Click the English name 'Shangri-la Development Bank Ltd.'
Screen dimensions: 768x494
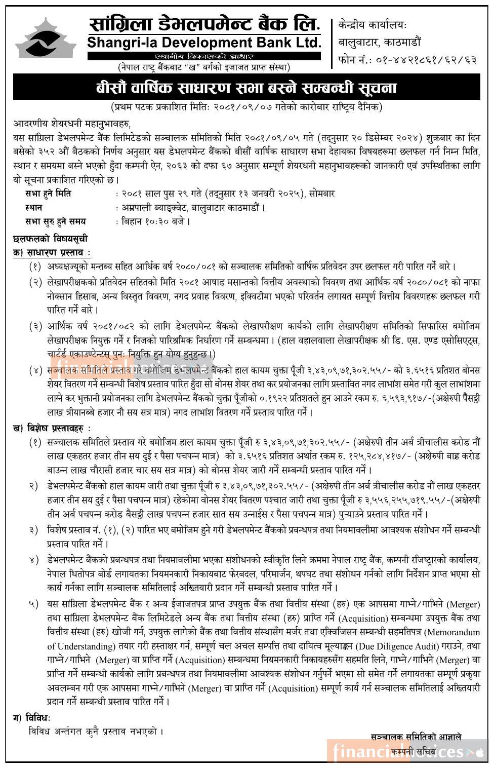coord(204,43)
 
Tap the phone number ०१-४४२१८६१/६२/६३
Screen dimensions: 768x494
coord(425,60)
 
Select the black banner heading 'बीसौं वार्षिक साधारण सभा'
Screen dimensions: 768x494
coord(246,88)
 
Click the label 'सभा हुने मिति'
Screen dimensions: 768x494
coord(49,193)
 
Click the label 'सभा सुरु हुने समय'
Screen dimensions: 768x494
coord(55,221)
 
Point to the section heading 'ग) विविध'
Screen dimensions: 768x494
coord(32,717)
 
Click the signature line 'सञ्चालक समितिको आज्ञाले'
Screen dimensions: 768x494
coord(416,737)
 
